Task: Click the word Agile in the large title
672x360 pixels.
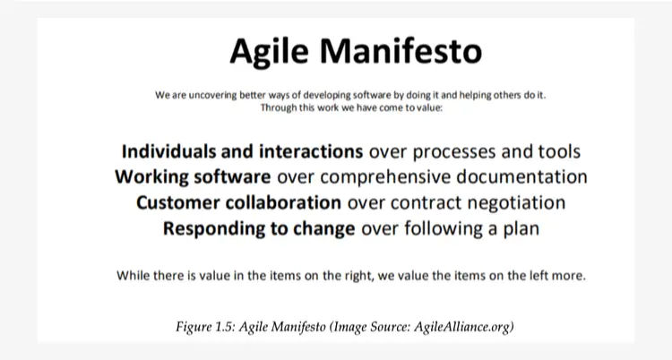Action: (269, 52)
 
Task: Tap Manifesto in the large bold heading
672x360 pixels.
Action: (401, 50)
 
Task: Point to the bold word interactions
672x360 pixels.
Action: (311, 151)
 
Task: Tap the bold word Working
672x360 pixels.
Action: (151, 177)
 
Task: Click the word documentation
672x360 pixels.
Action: (521, 177)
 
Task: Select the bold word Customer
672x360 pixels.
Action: (178, 202)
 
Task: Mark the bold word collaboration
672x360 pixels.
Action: (283, 202)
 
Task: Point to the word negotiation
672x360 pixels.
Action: (516, 203)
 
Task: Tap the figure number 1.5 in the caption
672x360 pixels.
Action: (225, 327)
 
